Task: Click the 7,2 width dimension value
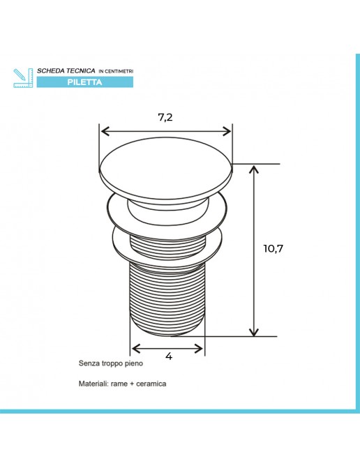pyautogui.click(x=165, y=118)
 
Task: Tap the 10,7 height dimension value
pyautogui.click(x=273, y=248)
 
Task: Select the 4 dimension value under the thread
pyautogui.click(x=169, y=356)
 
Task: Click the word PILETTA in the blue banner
pyautogui.click(x=84, y=82)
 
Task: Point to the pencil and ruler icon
pyautogui.click(x=23, y=78)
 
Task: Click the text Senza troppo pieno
pyautogui.click(x=111, y=363)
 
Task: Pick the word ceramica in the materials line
pyautogui.click(x=151, y=384)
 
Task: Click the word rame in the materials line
pyautogui.click(x=119, y=384)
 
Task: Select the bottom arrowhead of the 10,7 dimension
pyautogui.click(x=254, y=331)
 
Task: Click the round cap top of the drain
pyautogui.click(x=165, y=167)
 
